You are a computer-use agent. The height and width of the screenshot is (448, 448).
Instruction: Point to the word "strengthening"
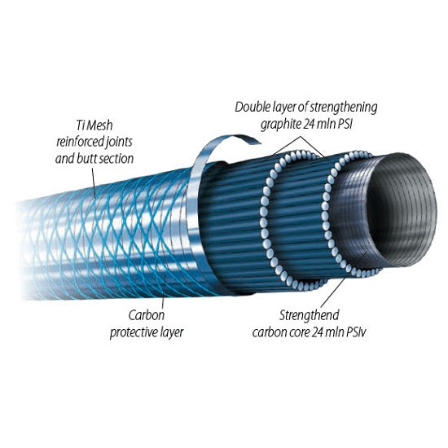pos(344,108)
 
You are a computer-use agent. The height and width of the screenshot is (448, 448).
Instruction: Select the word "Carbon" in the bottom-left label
pos(147,315)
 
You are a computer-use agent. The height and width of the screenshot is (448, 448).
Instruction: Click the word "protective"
pos(134,333)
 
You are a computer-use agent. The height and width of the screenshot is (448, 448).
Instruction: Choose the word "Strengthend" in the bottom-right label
pos(310,315)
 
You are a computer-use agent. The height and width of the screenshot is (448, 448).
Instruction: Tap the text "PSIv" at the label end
pos(356,332)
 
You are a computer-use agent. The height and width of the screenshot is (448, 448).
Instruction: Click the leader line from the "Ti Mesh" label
pos(94,182)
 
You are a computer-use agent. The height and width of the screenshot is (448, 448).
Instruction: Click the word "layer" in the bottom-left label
pos(172,333)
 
